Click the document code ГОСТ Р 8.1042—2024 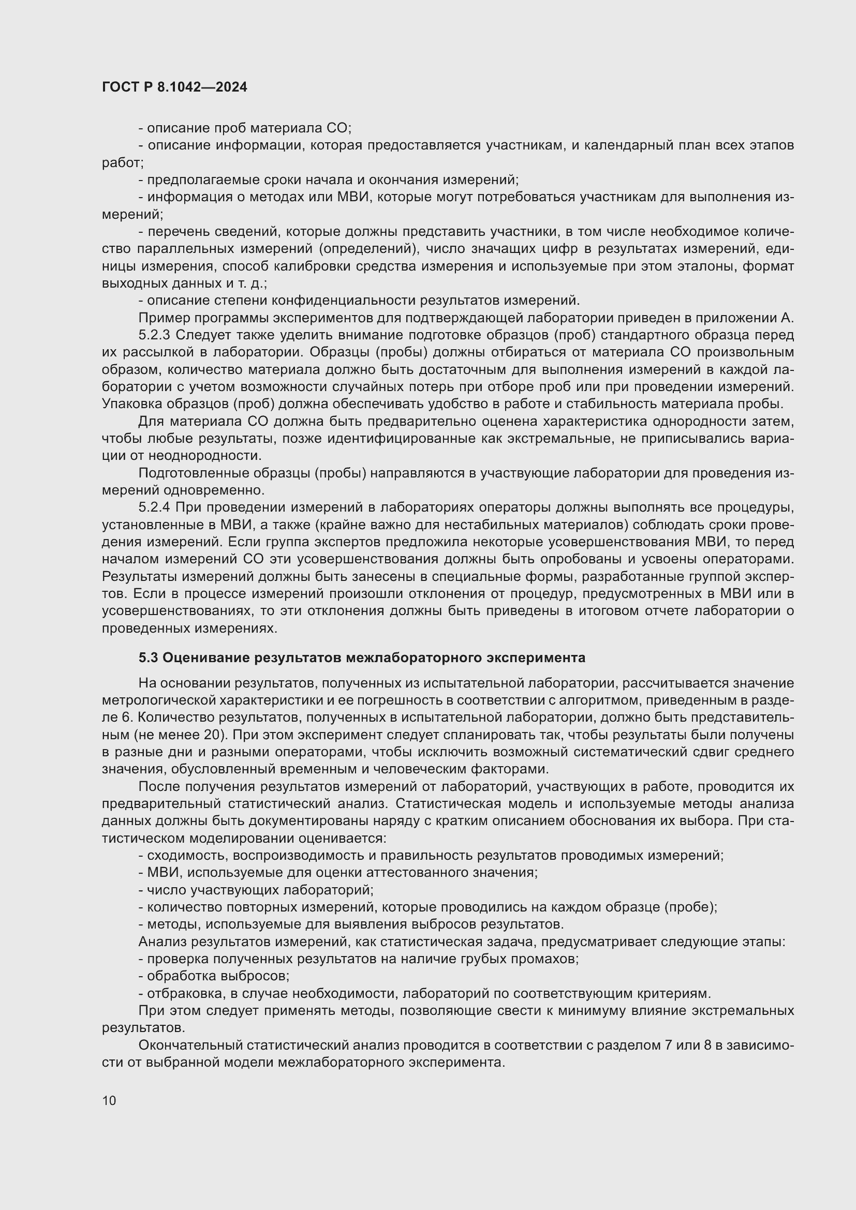[x=174, y=87]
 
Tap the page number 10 [x=109, y=1100]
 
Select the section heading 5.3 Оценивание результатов [x=362, y=658]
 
